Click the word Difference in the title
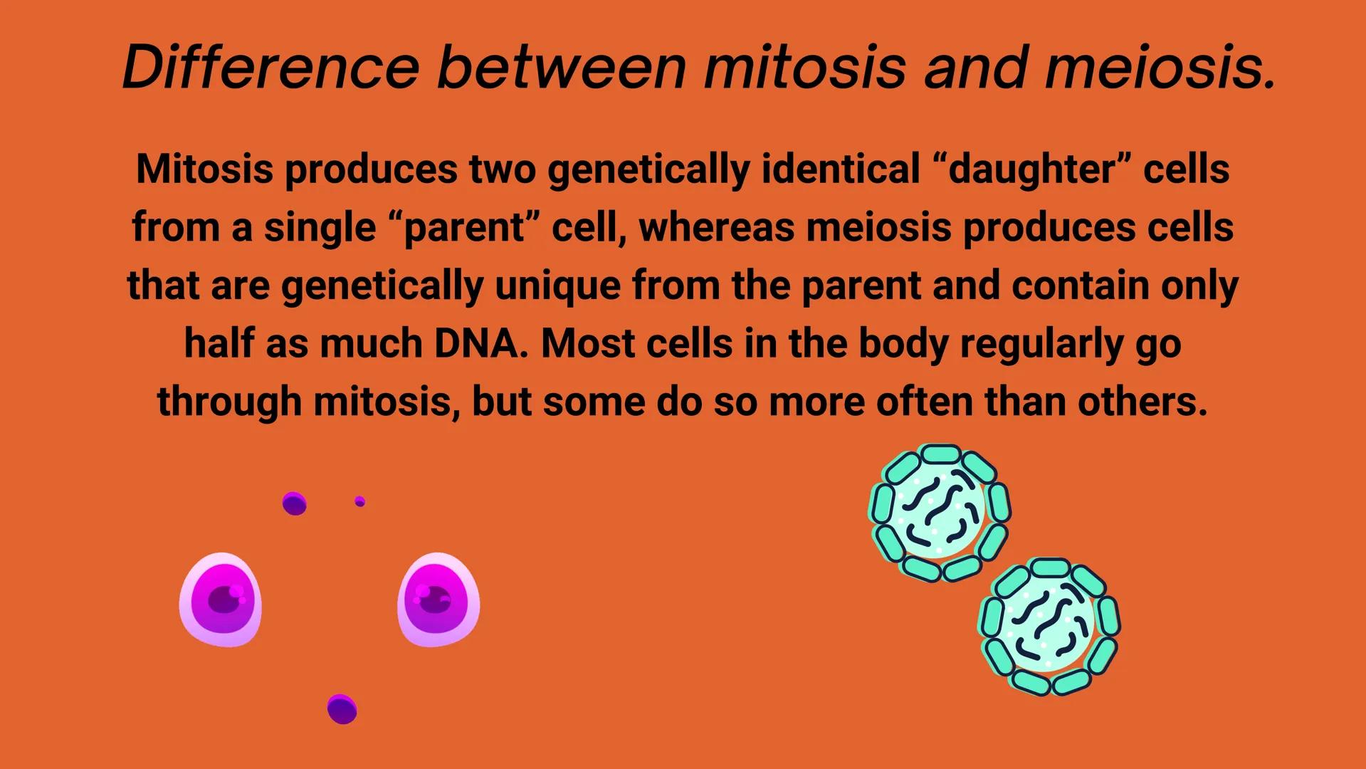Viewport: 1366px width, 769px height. point(270,67)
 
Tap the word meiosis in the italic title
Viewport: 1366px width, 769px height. point(1160,67)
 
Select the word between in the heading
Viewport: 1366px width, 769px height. point(562,67)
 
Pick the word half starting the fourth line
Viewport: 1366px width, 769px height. point(219,343)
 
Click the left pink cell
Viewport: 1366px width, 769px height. point(221,600)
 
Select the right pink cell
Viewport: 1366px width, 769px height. point(438,600)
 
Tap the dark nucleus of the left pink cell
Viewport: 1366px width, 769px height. point(225,600)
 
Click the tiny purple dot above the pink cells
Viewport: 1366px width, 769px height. point(360,502)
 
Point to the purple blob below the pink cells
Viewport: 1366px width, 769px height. point(342,709)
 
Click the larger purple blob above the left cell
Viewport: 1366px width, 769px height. point(295,503)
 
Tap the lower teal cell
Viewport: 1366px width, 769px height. point(1050,627)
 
